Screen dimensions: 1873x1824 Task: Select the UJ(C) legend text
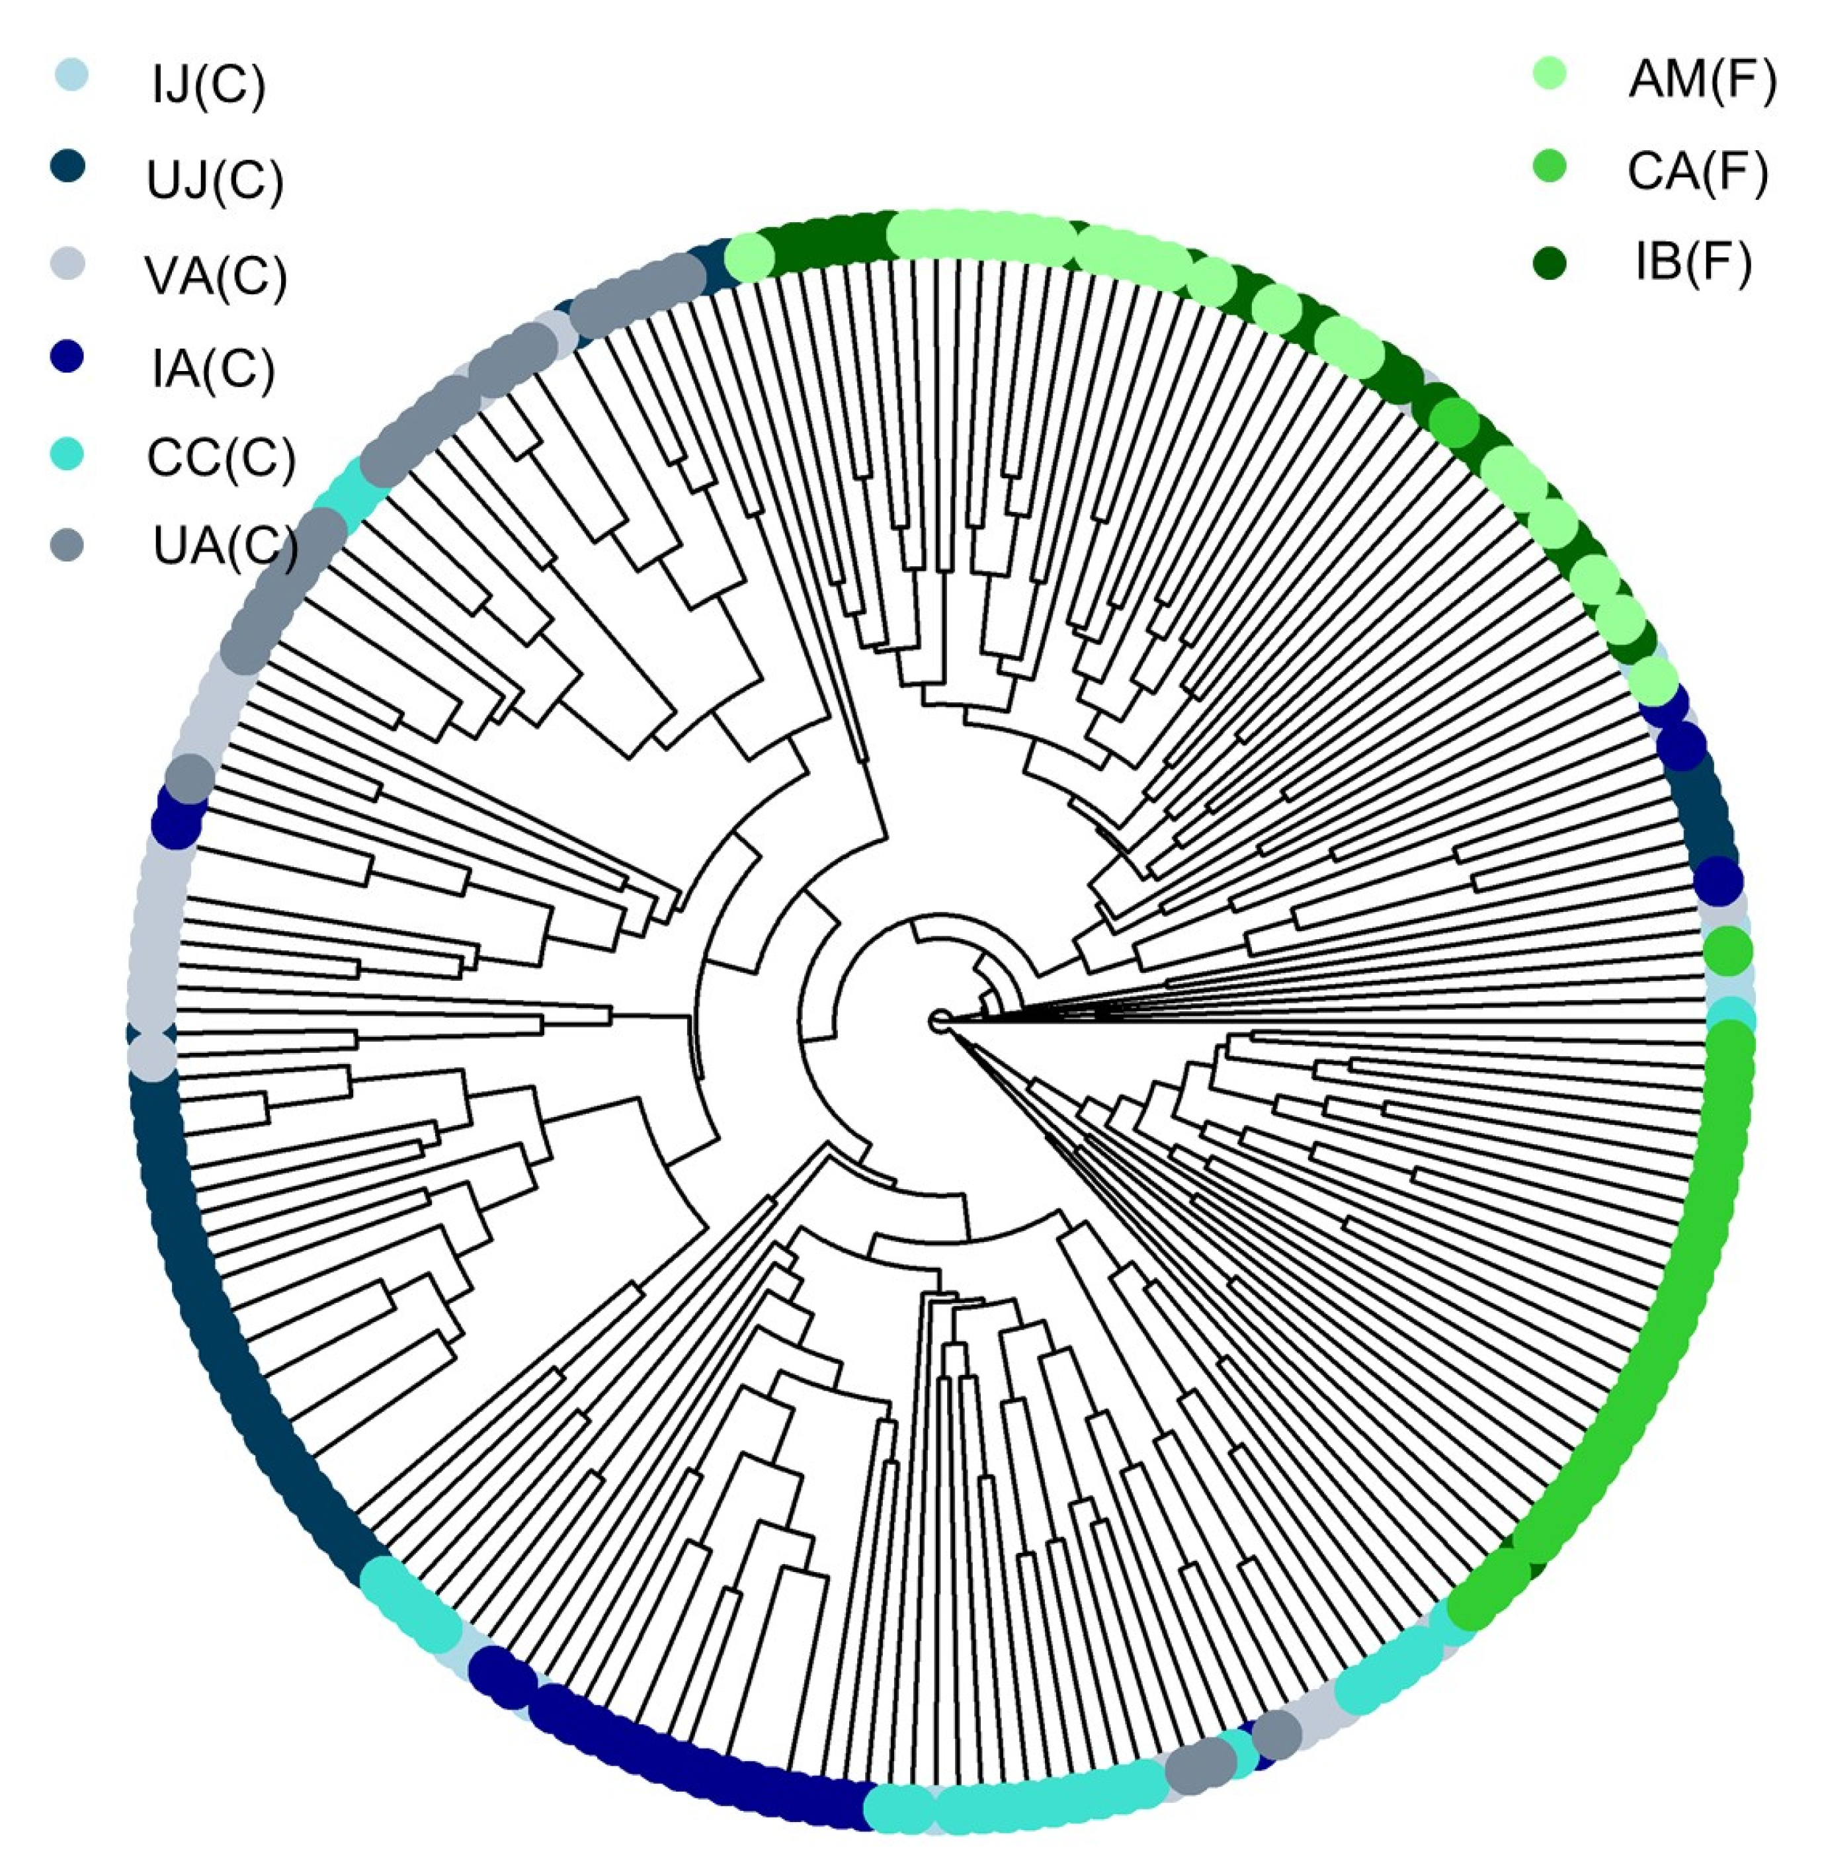(x=216, y=180)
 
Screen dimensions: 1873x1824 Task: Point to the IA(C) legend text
(x=213, y=369)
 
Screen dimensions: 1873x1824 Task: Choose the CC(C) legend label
(x=220, y=458)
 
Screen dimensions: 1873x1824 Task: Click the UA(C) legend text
(x=225, y=546)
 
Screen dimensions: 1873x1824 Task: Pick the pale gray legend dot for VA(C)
(x=67, y=263)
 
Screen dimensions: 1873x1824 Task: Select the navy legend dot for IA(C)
(x=67, y=356)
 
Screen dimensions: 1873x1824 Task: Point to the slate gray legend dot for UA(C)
(x=67, y=544)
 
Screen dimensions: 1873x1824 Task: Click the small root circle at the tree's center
(x=940, y=1021)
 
